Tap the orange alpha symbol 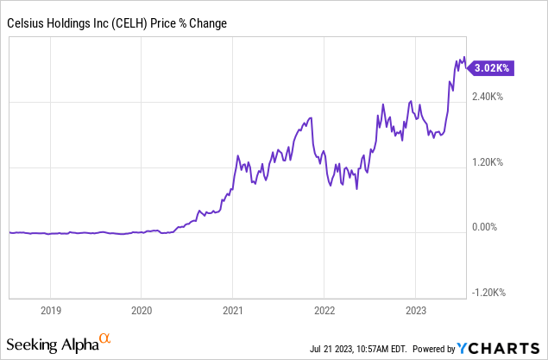click(104, 339)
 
